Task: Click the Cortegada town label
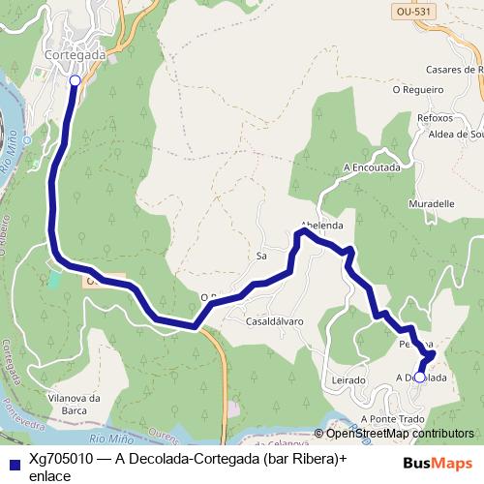[76, 56]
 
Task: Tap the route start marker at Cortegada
[75, 80]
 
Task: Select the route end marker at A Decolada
[419, 378]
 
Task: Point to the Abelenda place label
[323, 225]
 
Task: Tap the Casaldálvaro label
[275, 320]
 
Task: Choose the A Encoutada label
[372, 166]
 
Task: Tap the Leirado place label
[348, 381]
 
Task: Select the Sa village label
[260, 257]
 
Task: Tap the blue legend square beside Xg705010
[13, 464]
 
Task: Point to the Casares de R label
[453, 70]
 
